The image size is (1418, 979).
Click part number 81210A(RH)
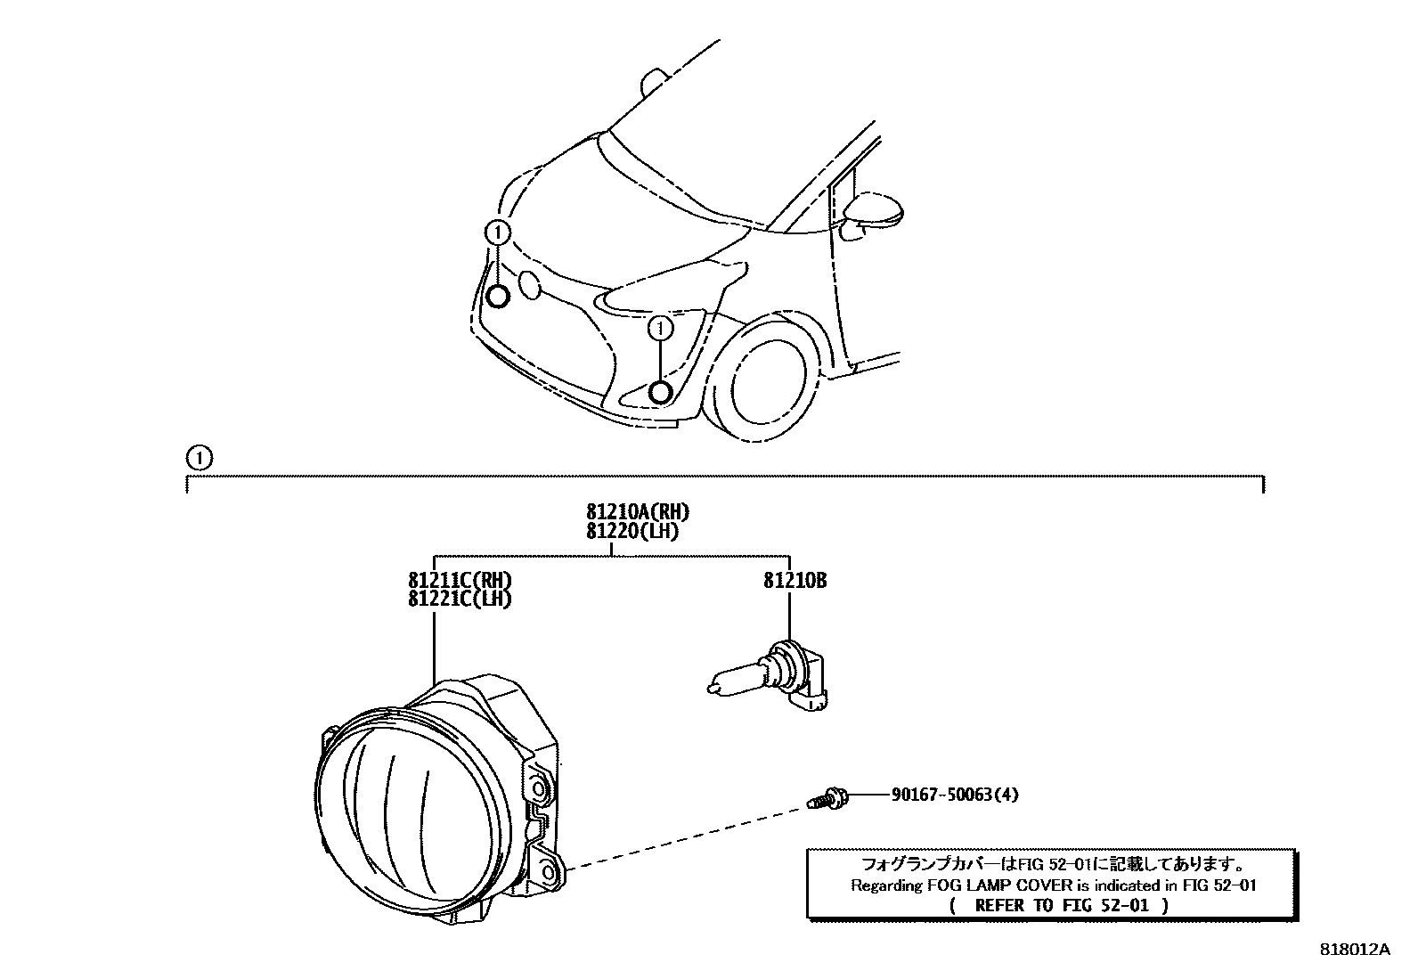pyautogui.click(x=638, y=512)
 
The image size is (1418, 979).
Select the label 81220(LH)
pyautogui.click(x=632, y=531)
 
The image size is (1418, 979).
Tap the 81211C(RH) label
pyautogui.click(x=460, y=581)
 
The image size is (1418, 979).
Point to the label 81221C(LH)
pyautogui.click(x=460, y=599)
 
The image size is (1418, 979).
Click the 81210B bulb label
pyautogui.click(x=795, y=581)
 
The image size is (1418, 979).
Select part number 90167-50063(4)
pyautogui.click(x=953, y=794)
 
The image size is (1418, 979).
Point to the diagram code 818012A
pyautogui.click(x=1354, y=950)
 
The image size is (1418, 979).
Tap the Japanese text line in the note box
pyautogui.click(x=1052, y=864)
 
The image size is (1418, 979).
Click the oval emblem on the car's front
pyautogui.click(x=529, y=284)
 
